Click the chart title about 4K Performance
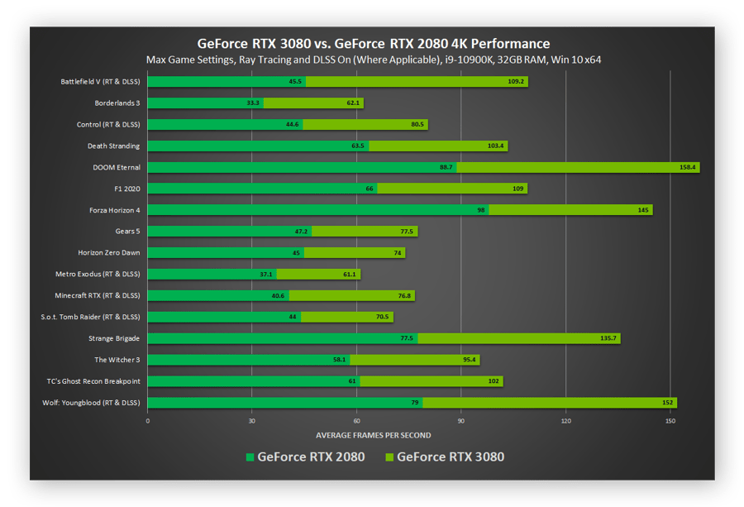[x=373, y=43]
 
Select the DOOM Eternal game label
[x=117, y=167]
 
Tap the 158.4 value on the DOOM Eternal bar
[x=689, y=167]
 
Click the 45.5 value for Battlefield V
[x=295, y=82]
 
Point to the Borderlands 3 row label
[x=117, y=103]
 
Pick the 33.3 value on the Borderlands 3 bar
[x=253, y=103]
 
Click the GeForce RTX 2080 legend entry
[x=305, y=457]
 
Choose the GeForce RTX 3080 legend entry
[x=444, y=457]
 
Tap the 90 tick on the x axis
[x=460, y=421]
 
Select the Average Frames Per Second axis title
[x=373, y=435]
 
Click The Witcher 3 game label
[x=117, y=360]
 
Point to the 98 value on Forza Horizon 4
[x=481, y=210]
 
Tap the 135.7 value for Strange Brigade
[x=608, y=338]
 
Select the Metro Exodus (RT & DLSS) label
[x=97, y=274]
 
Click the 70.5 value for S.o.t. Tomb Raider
[x=382, y=317]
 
